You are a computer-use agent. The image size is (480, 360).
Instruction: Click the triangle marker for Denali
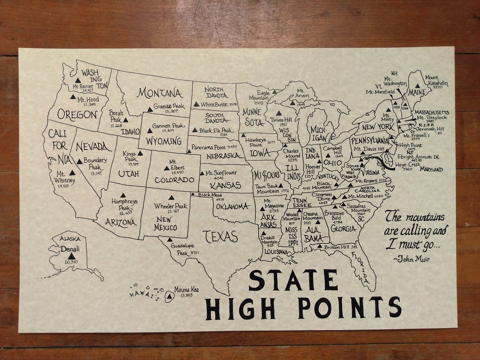71,256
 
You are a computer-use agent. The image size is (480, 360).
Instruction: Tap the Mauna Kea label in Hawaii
186,290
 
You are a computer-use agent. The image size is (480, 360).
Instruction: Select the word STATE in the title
293,280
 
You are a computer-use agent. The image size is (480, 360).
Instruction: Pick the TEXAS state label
220,237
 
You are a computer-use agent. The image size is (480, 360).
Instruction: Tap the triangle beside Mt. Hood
73,97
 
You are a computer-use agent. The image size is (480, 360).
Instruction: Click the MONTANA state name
160,93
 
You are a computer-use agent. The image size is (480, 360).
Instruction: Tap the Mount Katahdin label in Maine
436,80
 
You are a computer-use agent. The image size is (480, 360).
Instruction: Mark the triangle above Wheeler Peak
171,198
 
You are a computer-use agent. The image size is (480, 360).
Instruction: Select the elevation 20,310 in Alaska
71,262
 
